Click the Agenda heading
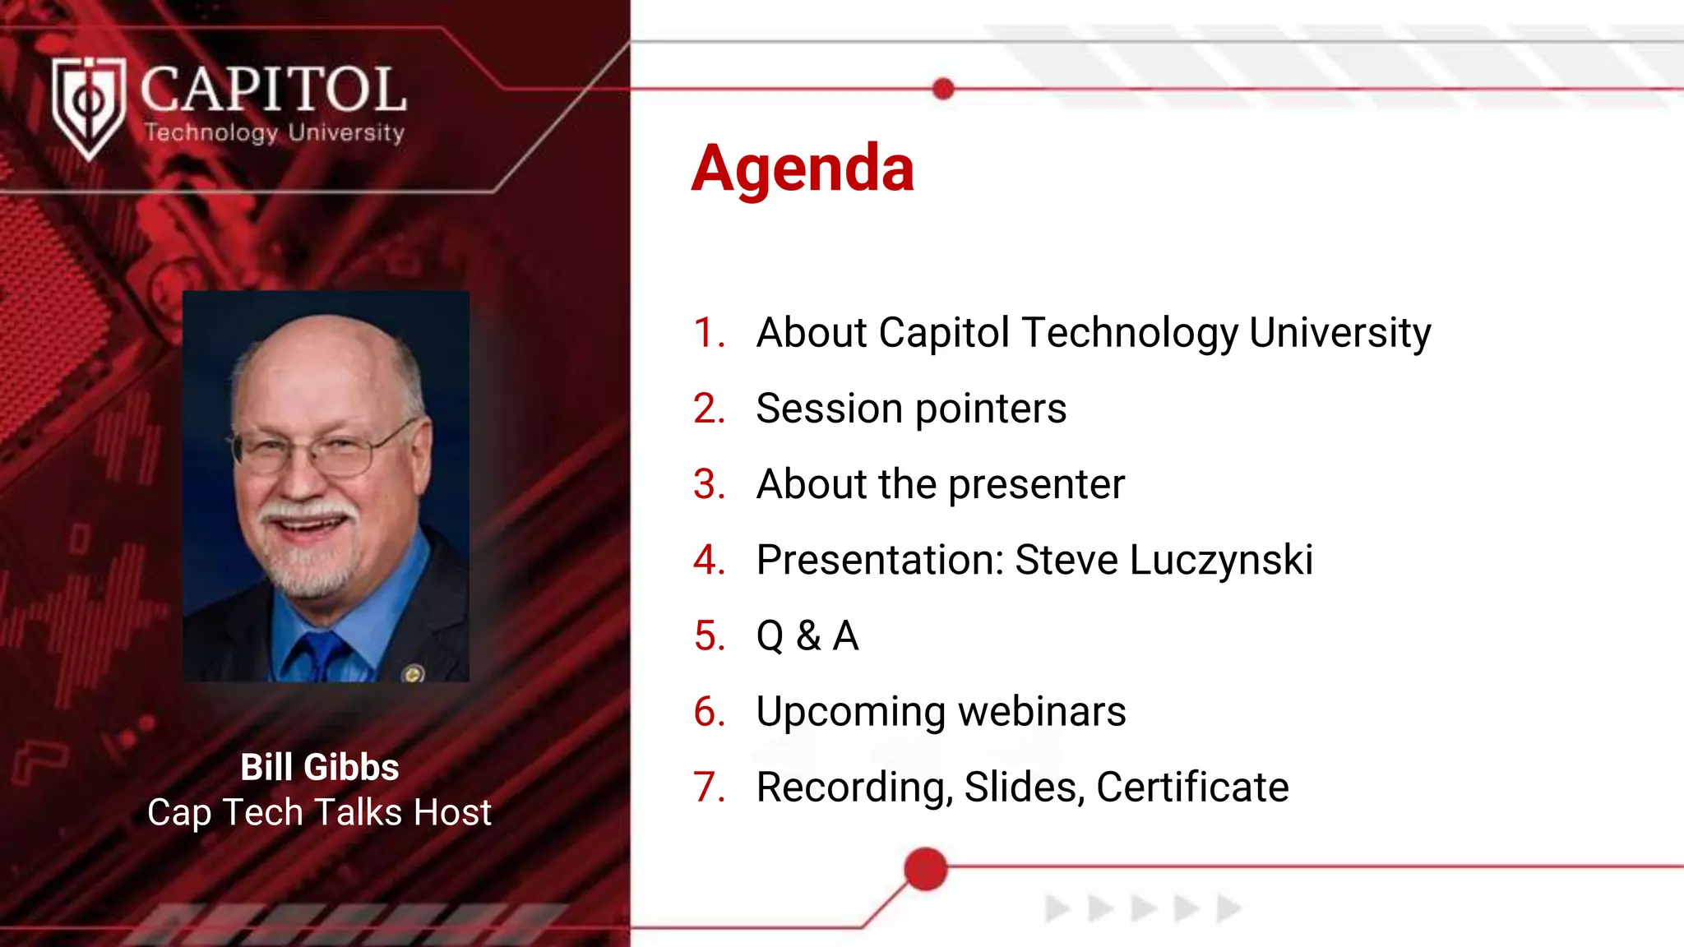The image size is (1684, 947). click(803, 169)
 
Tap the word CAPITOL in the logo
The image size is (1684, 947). click(273, 90)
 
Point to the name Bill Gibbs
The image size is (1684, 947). click(319, 767)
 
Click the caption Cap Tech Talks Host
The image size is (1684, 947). click(319, 812)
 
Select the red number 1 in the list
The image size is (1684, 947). click(709, 333)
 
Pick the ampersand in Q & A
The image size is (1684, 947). click(808, 636)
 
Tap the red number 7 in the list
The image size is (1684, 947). click(709, 788)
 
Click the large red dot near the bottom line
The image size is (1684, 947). click(926, 869)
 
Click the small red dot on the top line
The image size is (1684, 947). click(944, 89)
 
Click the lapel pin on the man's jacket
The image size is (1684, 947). click(414, 674)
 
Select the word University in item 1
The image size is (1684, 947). click(1339, 333)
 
